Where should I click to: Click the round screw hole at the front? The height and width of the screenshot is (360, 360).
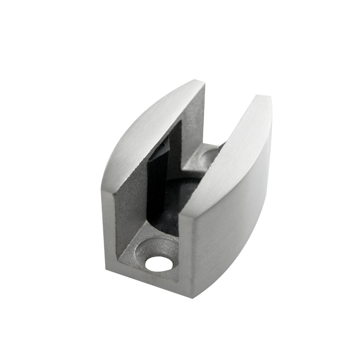pyautogui.click(x=158, y=263)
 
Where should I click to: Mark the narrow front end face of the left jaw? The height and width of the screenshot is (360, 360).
pyautogui.click(x=108, y=226)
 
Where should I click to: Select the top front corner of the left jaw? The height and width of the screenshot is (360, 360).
pyautogui.click(x=103, y=189)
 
